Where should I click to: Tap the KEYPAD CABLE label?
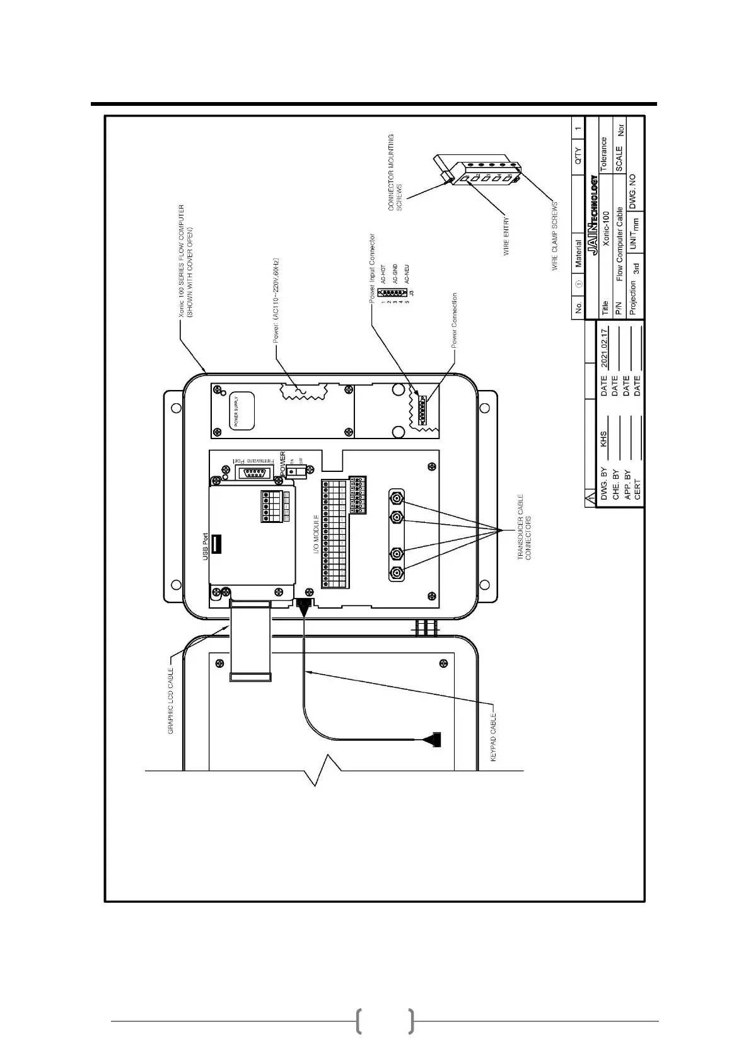tap(494, 737)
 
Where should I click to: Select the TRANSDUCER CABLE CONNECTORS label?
tap(525, 527)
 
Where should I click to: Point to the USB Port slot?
tap(216, 544)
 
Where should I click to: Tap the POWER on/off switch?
tap(293, 471)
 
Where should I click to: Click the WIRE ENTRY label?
tap(506, 237)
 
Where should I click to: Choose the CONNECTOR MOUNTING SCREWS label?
tap(395, 172)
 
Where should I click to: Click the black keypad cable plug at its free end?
tap(433, 739)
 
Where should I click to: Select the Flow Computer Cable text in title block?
tap(620, 244)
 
